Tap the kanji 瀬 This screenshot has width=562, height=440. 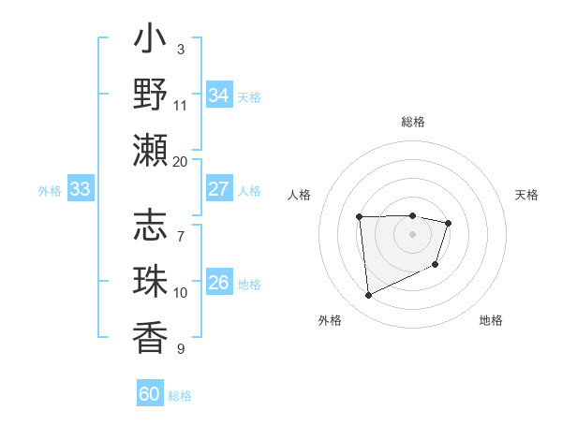(x=151, y=150)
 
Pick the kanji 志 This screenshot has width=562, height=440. (x=151, y=227)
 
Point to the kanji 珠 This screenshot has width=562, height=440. (x=151, y=282)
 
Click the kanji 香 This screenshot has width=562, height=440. (x=151, y=336)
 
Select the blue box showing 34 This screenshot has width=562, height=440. (x=218, y=95)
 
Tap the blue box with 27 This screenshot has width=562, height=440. (x=218, y=189)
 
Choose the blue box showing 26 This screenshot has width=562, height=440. (x=218, y=283)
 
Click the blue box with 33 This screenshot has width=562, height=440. (x=80, y=189)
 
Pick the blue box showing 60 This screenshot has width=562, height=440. (x=150, y=394)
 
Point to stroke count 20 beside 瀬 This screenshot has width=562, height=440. (x=180, y=161)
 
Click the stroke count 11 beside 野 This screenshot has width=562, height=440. (x=180, y=105)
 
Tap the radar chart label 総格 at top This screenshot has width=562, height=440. (x=413, y=122)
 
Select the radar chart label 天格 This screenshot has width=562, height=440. (x=527, y=195)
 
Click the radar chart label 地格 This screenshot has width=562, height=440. (x=491, y=320)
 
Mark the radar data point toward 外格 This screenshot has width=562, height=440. (x=368, y=296)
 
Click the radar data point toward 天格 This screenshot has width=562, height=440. (x=449, y=223)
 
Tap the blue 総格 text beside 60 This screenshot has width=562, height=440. (x=181, y=396)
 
